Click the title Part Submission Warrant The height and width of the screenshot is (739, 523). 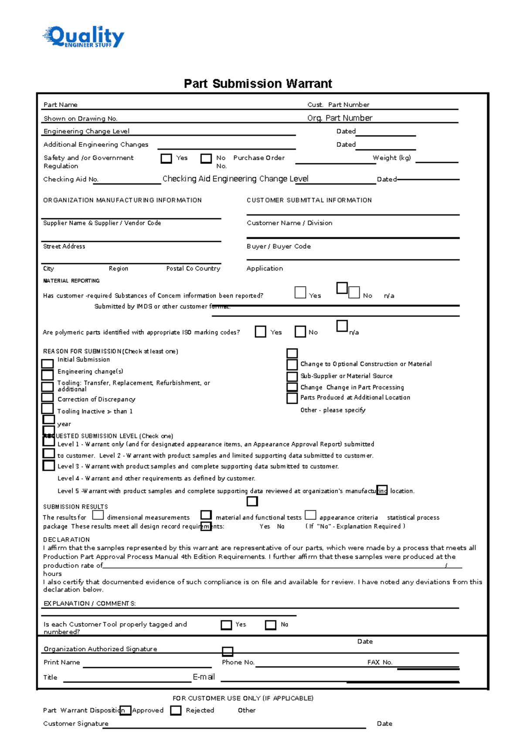click(258, 83)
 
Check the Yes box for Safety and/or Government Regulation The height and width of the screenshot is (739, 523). click(166, 158)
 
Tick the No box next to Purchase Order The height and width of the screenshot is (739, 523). click(206, 158)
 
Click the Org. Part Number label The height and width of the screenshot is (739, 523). click(340, 118)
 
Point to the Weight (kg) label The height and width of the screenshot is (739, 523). click(391, 158)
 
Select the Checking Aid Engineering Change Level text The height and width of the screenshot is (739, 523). click(235, 179)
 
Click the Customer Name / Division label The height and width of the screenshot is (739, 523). click(289, 223)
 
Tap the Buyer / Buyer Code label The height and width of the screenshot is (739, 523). click(278, 246)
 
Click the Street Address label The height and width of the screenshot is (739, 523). click(64, 246)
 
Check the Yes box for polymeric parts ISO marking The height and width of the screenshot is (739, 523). click(260, 332)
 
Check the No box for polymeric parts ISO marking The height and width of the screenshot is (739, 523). click(300, 332)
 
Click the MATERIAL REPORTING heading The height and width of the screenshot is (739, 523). click(71, 281)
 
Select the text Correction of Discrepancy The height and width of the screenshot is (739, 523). click(96, 399)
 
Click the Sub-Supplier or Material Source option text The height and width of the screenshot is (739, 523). click(346, 376)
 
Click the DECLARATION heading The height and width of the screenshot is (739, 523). click(66, 539)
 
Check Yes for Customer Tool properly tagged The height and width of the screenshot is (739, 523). click(226, 625)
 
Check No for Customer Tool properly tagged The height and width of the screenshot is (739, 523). click(271, 625)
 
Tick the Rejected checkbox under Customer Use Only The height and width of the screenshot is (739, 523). click(176, 710)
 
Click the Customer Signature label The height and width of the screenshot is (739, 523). click(76, 723)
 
